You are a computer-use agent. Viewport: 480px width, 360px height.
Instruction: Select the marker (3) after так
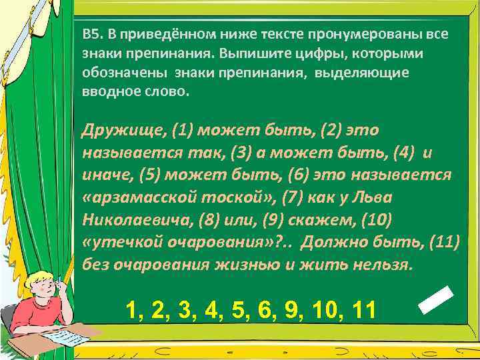[241, 153]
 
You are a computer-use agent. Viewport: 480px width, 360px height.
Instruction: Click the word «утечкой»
[119, 242]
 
